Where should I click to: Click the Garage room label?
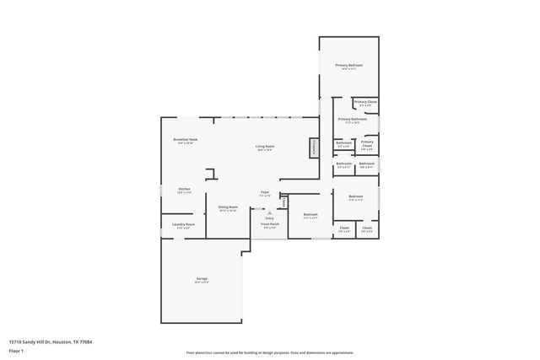pos(202,278)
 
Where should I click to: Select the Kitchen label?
pos(184,189)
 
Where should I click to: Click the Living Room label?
pos(265,147)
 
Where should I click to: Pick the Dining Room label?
pos(228,207)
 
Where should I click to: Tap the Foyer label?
pos(264,192)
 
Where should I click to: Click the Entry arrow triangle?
pos(269,212)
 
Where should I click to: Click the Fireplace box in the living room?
pos(313,147)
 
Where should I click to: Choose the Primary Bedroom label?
pos(348,66)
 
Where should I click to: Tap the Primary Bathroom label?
pos(352,120)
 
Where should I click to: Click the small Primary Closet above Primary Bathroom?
pos(365,103)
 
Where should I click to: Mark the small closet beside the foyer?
pos(284,202)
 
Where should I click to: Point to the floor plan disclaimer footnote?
pos(269,353)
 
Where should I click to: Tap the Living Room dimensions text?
pos(265,150)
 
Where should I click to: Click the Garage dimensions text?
pos(202,282)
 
